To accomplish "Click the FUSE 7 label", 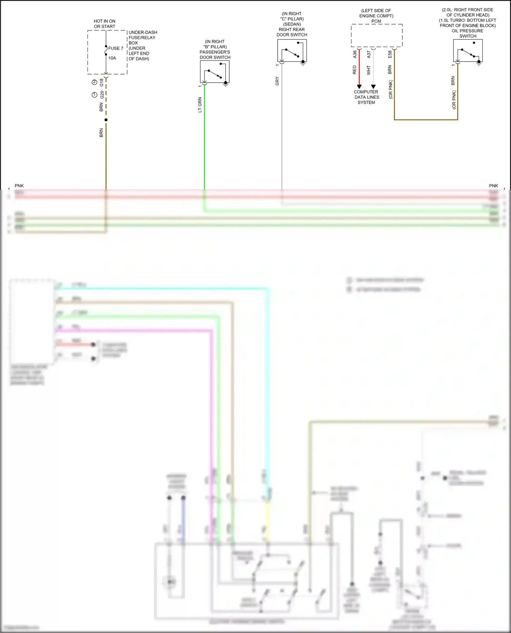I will (116, 48).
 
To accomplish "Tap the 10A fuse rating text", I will (112, 58).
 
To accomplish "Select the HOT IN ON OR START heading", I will (105, 24).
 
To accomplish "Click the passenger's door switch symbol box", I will (215, 71).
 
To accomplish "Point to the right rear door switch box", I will (292, 50).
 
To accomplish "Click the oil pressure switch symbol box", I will (468, 50).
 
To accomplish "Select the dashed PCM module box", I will (377, 35).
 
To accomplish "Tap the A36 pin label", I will (355, 54).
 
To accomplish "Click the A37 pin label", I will (369, 54).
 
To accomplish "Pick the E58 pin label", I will (390, 54).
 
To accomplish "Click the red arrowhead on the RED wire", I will (359, 87).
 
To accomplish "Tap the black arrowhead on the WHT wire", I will (373, 87).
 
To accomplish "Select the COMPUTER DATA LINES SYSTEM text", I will (366, 97).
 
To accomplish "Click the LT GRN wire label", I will (200, 105).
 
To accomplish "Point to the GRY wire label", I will (277, 81).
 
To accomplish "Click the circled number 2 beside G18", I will (94, 82).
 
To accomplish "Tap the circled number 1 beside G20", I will (94, 95).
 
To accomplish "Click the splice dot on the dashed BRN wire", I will (106, 120).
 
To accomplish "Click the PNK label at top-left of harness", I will (19, 186).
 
